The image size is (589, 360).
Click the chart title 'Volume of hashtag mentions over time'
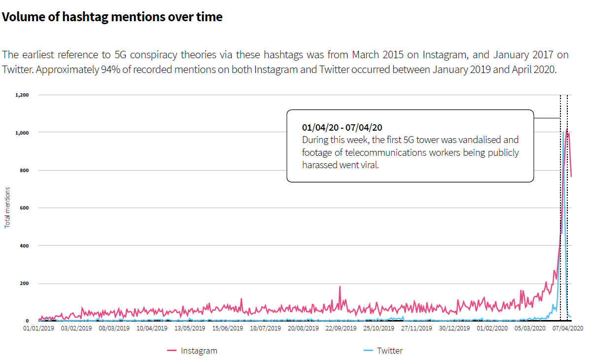(112, 17)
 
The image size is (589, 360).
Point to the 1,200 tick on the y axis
(22, 95)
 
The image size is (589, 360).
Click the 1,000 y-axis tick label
(22, 133)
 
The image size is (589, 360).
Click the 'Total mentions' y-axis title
(7, 208)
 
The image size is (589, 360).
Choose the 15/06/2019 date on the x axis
(227, 327)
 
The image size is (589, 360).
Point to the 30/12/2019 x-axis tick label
(454, 327)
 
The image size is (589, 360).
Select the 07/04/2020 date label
(568, 327)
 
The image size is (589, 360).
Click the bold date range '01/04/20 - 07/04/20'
(342, 128)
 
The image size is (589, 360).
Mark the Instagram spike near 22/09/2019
(340, 287)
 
